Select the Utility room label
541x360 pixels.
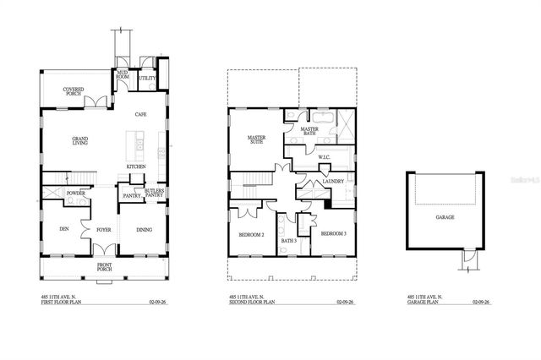pyautogui.click(x=147, y=78)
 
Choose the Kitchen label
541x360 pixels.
pyautogui.click(x=137, y=166)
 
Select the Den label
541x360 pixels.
pyautogui.click(x=63, y=227)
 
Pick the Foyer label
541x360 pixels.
pyautogui.click(x=105, y=227)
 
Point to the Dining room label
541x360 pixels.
pyautogui.click(x=144, y=227)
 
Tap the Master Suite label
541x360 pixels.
pyautogui.click(x=257, y=140)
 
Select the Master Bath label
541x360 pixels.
pyautogui.click(x=315, y=130)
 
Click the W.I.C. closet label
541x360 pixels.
pyautogui.click(x=324, y=157)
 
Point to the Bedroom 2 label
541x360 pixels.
pyautogui.click(x=252, y=234)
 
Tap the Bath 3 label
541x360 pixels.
pyautogui.click(x=287, y=242)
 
